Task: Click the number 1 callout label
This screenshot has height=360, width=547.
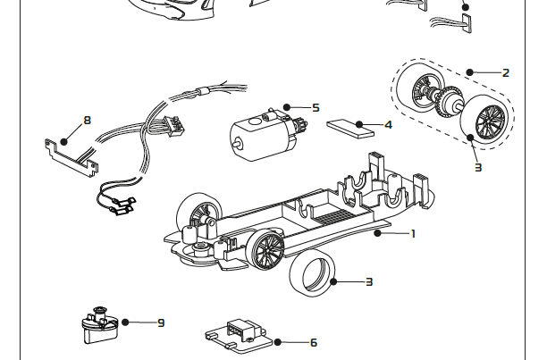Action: pyautogui.click(x=413, y=234)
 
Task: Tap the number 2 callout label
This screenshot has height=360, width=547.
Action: pyautogui.click(x=505, y=73)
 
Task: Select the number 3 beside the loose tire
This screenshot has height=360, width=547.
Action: pyautogui.click(x=368, y=282)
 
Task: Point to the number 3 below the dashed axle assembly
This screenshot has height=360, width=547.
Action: pyautogui.click(x=478, y=167)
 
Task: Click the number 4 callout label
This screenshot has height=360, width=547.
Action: pyautogui.click(x=388, y=125)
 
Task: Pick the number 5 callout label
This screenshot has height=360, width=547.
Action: pyautogui.click(x=316, y=107)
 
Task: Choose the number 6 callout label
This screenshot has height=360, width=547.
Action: pyautogui.click(x=313, y=342)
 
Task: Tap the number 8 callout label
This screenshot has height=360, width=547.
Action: pyautogui.click(x=87, y=119)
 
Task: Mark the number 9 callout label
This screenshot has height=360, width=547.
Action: pyautogui.click(x=161, y=322)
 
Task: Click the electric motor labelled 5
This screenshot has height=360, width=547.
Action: pyautogui.click(x=263, y=134)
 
